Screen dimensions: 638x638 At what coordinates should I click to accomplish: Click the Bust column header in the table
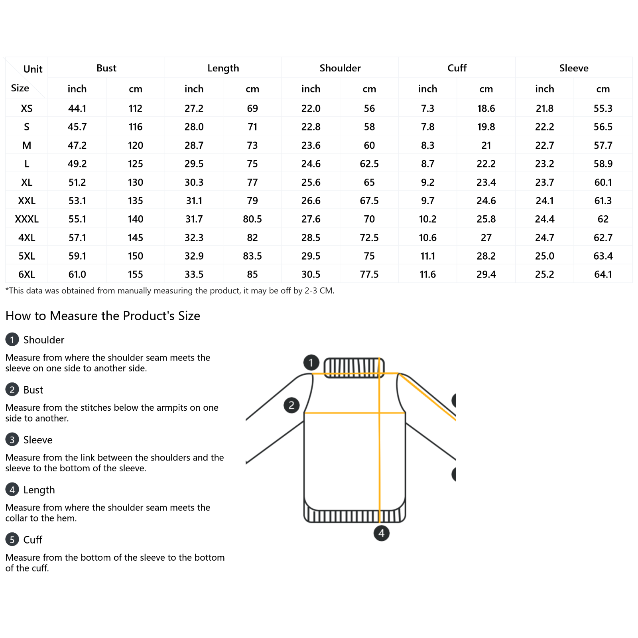tap(106, 68)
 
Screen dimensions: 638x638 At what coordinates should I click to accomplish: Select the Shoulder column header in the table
tap(340, 68)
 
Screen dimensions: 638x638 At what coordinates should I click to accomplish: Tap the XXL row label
tap(27, 201)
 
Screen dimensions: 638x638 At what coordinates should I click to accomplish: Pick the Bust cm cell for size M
tap(136, 146)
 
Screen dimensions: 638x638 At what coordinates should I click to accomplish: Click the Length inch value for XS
tap(194, 108)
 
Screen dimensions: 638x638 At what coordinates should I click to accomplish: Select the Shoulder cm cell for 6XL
tap(369, 274)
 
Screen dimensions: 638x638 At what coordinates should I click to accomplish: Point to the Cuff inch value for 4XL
tap(427, 238)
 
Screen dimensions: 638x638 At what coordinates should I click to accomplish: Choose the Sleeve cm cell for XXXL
tap(603, 219)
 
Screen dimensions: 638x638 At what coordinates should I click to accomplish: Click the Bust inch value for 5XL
tap(77, 256)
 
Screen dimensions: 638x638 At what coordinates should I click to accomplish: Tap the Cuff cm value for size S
tap(486, 127)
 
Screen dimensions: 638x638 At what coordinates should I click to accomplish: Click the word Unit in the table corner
tap(33, 69)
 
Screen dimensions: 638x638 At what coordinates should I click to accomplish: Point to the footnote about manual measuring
tap(170, 291)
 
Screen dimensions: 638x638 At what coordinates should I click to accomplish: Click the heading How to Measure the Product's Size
tap(103, 316)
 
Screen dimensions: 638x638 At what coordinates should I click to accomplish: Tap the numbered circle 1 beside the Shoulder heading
tap(12, 340)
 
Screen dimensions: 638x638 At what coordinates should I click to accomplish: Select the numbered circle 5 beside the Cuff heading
tap(12, 540)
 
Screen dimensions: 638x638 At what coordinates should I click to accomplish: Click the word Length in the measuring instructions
tap(39, 490)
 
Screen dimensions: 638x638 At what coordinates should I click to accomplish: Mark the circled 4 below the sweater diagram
tap(381, 533)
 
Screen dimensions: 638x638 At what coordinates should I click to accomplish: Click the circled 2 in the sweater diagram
tap(291, 405)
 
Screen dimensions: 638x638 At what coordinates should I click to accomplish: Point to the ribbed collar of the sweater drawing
tap(354, 367)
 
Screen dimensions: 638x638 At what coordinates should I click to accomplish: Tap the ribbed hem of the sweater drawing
tap(354, 516)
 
